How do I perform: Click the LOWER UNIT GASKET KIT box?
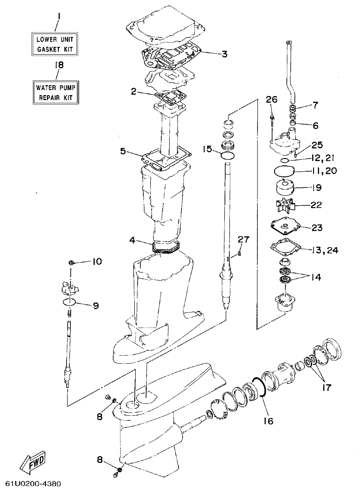[x=54, y=44]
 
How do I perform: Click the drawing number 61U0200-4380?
[x=33, y=484]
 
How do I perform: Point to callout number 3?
[x=224, y=54]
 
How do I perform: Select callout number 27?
[x=243, y=239]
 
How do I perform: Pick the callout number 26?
[x=272, y=99]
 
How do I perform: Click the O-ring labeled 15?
[x=228, y=157]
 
